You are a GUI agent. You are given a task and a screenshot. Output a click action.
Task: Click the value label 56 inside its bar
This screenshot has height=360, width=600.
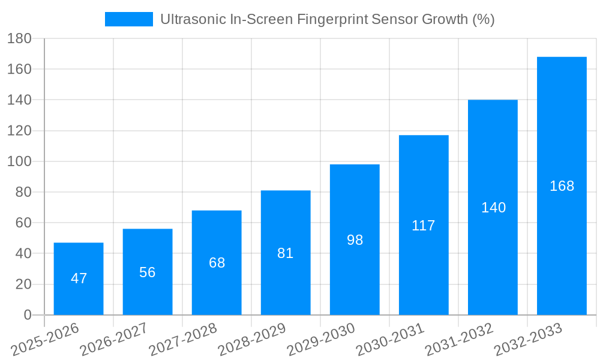(148, 272)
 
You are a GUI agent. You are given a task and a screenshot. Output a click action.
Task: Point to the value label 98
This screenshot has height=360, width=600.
(355, 240)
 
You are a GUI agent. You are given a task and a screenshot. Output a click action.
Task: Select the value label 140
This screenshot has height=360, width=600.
(493, 208)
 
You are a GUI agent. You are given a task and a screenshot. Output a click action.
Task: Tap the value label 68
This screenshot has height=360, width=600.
(217, 263)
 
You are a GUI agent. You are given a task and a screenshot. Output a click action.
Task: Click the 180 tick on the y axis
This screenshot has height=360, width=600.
(20, 38)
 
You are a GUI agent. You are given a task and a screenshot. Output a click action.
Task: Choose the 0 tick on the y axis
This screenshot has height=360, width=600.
(28, 315)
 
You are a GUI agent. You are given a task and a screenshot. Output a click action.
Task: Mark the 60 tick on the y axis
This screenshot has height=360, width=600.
(23, 223)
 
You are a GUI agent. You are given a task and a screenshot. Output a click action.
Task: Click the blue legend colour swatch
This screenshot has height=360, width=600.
(129, 19)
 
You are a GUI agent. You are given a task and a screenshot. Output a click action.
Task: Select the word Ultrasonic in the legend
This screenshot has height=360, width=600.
(191, 19)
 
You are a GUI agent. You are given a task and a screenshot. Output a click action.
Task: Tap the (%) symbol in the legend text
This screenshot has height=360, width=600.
(484, 19)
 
